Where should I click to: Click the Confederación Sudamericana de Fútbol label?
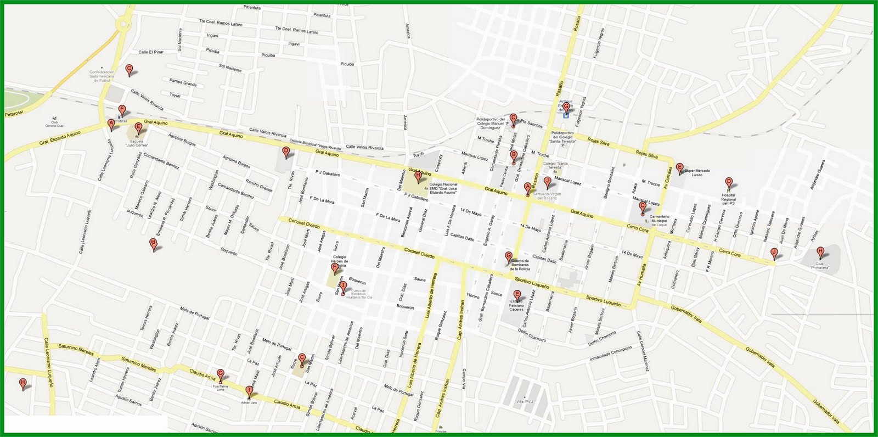click(102, 76)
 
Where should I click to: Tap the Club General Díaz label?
click(54, 123)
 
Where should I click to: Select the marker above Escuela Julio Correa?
click(138, 128)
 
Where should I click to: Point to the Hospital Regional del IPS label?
click(728, 199)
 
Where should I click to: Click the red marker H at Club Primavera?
click(820, 253)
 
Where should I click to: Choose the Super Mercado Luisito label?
click(697, 172)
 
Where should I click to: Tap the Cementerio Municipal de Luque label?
click(660, 221)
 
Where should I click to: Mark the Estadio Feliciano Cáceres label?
click(516, 305)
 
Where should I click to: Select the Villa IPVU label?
click(525, 401)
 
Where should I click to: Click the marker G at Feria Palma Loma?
click(221, 375)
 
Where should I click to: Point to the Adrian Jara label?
click(249, 402)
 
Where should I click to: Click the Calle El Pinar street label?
click(151, 52)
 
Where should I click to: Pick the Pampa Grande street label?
click(183, 83)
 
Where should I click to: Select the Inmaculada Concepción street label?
click(611, 354)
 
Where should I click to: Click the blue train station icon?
click(566, 115)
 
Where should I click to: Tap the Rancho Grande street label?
click(259, 186)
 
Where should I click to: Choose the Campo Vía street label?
click(464, 378)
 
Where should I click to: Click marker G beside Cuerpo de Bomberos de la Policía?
click(509, 257)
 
